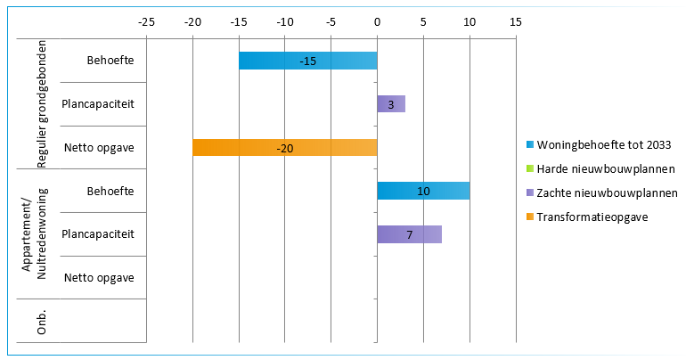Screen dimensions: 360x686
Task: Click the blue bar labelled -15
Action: (307, 61)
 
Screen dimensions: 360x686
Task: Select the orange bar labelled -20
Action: (284, 148)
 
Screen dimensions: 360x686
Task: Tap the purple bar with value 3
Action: (391, 104)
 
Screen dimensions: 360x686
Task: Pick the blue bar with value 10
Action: (423, 191)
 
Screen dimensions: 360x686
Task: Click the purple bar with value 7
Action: (409, 234)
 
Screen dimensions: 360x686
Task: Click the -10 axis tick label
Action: (284, 20)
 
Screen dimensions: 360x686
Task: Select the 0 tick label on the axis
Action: (377, 20)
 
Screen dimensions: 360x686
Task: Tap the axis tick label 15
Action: (516, 20)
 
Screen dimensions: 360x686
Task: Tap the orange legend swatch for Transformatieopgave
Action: (531, 216)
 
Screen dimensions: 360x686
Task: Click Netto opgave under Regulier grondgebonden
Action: (99, 148)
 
